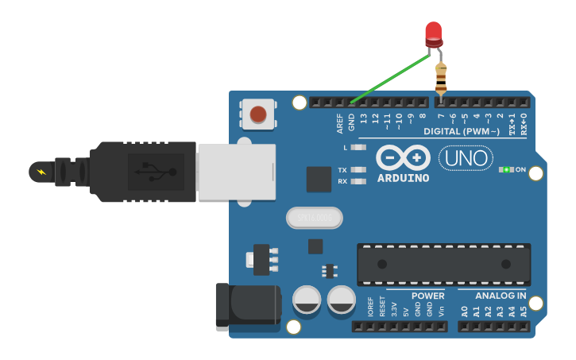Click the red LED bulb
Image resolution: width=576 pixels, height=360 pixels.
433,33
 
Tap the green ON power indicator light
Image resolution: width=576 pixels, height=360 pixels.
506,169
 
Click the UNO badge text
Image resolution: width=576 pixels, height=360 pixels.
466,157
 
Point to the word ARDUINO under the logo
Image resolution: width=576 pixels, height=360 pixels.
403,178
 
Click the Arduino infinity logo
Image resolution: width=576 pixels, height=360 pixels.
403,157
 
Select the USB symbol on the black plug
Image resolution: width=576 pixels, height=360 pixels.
150,171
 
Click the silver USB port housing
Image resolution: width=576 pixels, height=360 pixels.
236,172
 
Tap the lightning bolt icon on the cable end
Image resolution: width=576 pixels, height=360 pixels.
41,171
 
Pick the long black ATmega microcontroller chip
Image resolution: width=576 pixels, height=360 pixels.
443,264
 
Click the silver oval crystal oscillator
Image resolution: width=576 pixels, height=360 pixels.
314,217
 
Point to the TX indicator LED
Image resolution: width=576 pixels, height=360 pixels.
359,170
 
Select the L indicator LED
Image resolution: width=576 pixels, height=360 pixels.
358,147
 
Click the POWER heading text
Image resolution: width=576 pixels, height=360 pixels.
427,296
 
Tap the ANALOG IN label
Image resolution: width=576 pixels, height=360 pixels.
501,296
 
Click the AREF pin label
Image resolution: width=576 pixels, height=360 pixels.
339,123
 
